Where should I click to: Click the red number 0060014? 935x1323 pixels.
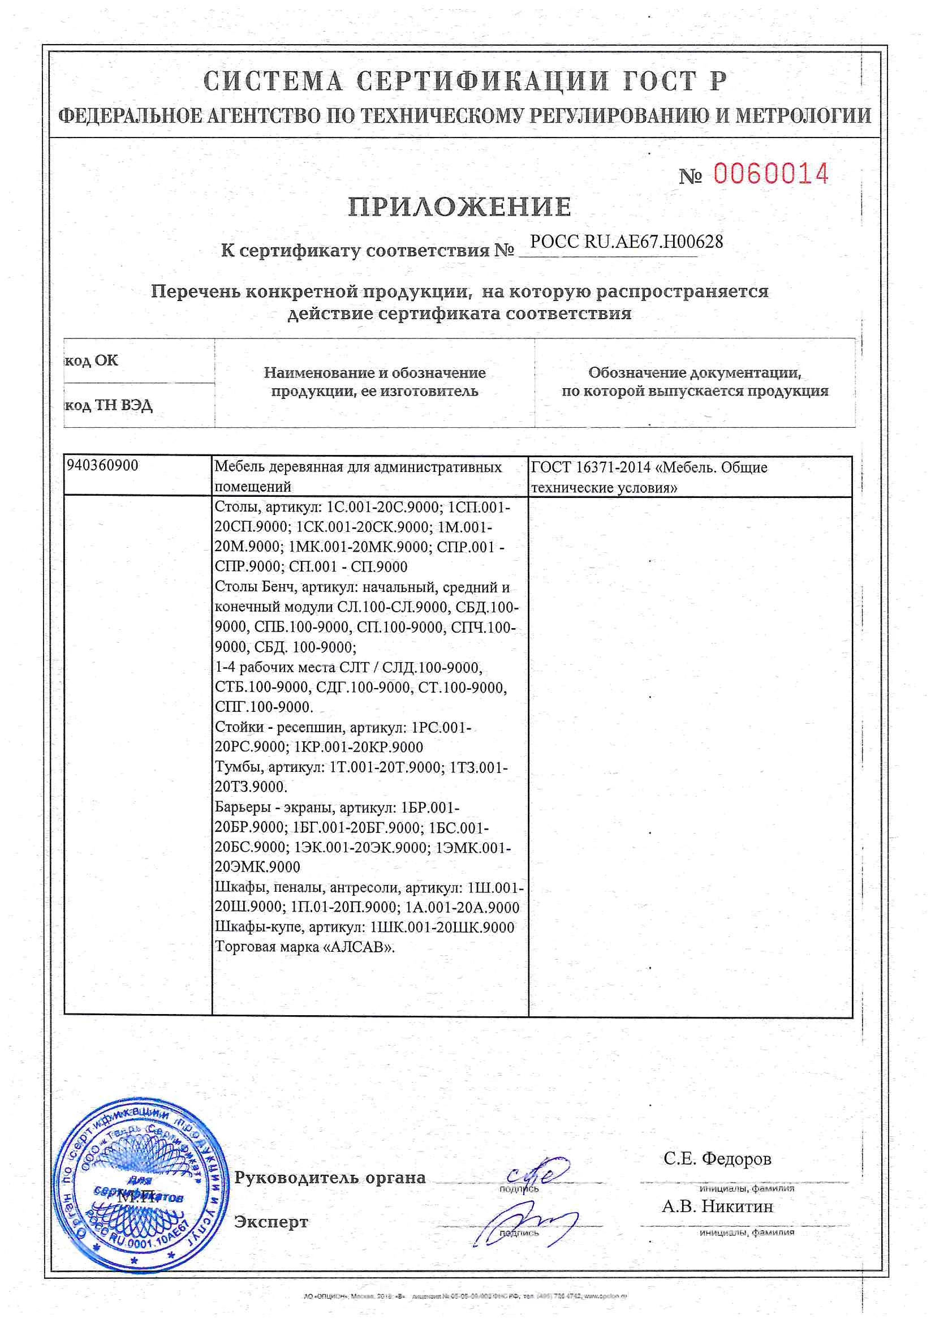771,174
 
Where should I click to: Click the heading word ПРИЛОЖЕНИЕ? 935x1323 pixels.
459,207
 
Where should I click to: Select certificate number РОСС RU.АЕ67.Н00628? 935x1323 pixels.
626,242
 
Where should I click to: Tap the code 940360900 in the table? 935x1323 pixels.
102,466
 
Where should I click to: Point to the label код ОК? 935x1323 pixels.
92,360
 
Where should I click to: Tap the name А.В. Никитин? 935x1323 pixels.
717,1206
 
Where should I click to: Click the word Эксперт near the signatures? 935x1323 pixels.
271,1222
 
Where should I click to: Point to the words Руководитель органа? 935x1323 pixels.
330,1178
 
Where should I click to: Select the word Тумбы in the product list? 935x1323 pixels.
239,767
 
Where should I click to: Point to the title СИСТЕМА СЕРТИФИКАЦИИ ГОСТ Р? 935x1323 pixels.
465,81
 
